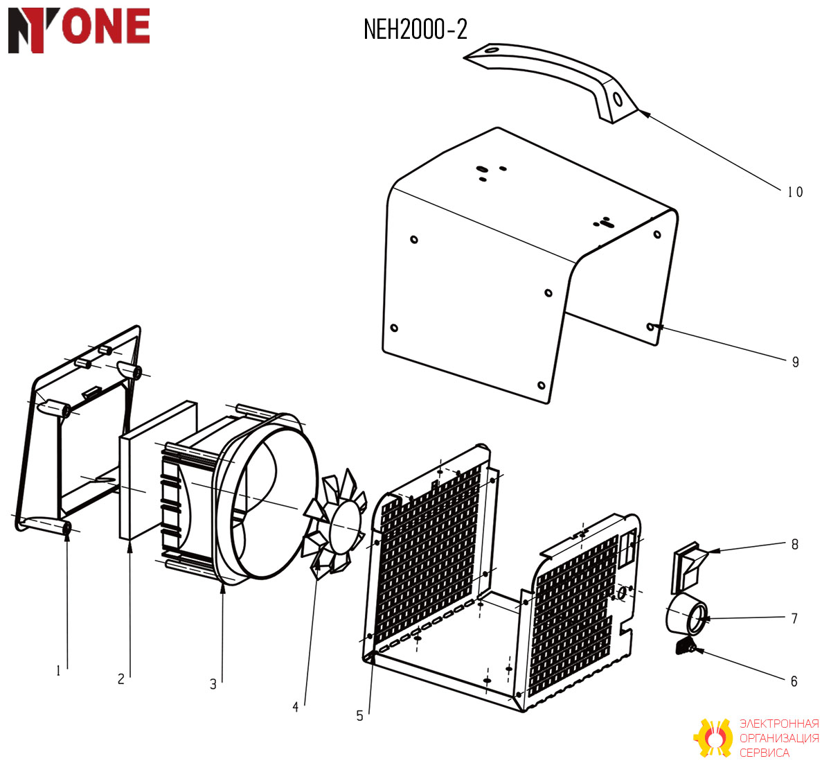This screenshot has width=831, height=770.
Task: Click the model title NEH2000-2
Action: tap(415, 30)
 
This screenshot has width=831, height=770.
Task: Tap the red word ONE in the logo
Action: tap(106, 26)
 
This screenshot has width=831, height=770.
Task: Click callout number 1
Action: tap(59, 671)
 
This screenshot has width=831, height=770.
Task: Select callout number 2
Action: tap(121, 679)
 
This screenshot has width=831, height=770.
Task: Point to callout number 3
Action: tap(213, 684)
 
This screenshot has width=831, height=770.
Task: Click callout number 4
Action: tap(296, 707)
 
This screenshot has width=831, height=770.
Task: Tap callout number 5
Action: tap(359, 716)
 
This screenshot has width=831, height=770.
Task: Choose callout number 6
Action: tap(794, 681)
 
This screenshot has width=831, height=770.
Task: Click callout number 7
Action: tap(794, 618)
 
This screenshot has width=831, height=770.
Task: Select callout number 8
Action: tap(794, 544)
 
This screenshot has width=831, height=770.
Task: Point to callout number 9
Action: tap(795, 362)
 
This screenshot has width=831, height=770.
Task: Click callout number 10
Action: tap(795, 192)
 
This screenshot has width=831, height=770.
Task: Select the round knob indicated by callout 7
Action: tap(686, 616)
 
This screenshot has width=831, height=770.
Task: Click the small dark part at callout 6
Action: tap(685, 646)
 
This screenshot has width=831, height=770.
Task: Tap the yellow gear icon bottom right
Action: tap(713, 739)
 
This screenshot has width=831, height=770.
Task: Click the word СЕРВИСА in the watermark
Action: tap(765, 753)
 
